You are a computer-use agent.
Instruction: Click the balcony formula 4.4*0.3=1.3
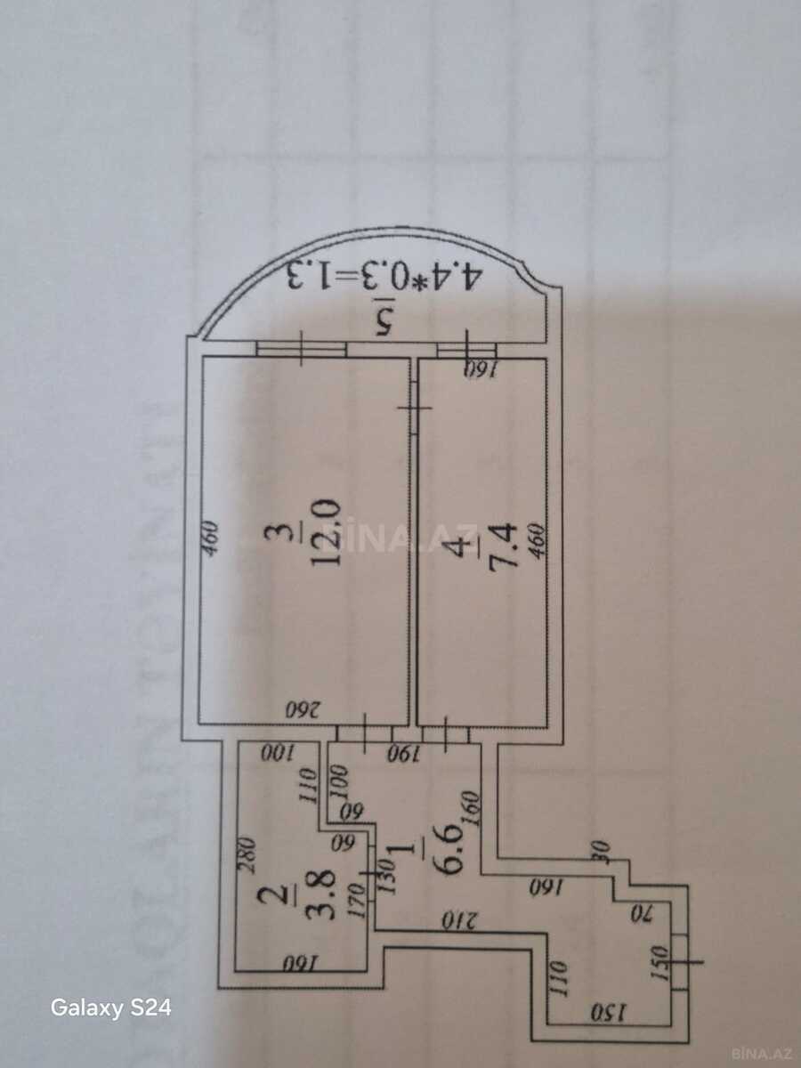pyautogui.click(x=383, y=275)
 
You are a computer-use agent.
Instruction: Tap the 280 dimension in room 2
pyautogui.click(x=248, y=855)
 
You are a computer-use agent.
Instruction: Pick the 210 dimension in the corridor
pyautogui.click(x=461, y=918)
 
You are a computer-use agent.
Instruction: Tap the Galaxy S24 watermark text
pyautogui.click(x=110, y=1008)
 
